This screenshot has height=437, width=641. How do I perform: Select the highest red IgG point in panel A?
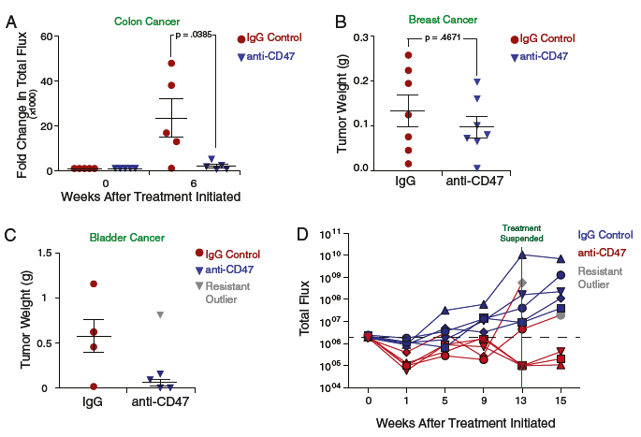click(171, 64)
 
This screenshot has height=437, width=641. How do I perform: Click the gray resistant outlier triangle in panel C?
click(162, 314)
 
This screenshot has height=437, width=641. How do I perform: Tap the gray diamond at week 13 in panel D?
click(522, 283)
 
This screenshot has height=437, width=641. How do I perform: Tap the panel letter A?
click(11, 17)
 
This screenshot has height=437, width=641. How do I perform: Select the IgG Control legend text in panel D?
click(605, 235)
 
